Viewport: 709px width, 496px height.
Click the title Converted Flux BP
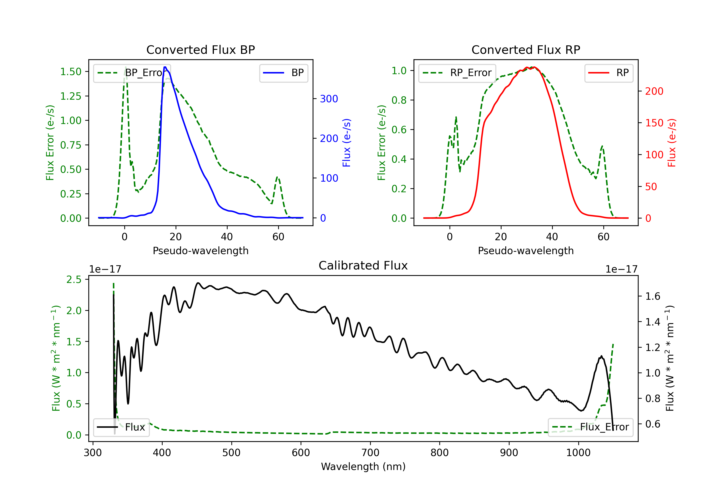pos(200,50)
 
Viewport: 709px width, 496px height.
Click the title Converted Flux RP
pos(526,50)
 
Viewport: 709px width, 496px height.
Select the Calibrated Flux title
pos(363,265)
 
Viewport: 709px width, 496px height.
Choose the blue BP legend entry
pos(283,73)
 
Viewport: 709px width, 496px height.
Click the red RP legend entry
pos(608,73)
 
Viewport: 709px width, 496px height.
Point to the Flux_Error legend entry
pos(590,427)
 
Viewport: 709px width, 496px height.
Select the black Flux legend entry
pos(121,427)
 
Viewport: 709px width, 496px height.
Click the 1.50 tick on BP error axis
pos(71,72)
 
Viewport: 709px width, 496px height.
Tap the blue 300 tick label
pos(329,99)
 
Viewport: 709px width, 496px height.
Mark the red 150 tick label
pos(654,123)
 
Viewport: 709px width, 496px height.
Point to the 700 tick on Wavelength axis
pos(370,453)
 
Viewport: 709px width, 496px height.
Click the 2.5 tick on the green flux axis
pos(74,279)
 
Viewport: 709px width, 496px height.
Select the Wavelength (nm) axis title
pos(363,467)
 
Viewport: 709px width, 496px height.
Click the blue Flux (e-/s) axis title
pos(346,143)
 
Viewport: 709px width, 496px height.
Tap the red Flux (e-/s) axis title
pos(672,143)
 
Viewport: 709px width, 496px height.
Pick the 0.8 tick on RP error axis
pos(399,100)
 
